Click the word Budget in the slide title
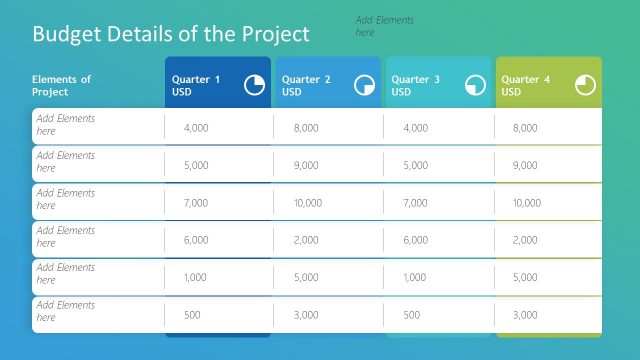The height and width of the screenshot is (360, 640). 66,34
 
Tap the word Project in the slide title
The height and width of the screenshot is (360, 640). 276,34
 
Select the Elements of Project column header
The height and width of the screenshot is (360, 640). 61,86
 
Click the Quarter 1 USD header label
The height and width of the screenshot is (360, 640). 196,86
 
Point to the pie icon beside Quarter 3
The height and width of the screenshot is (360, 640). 475,86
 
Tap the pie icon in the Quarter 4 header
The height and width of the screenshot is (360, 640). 585,86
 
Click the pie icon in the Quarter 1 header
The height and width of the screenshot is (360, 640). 255,86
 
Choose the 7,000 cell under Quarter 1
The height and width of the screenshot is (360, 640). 196,203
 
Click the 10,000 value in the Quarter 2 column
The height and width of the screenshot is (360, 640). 308,203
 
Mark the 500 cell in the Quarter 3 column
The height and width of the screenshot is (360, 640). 410,315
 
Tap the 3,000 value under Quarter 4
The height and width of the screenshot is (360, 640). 525,315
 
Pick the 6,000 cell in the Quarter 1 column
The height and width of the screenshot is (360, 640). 196,240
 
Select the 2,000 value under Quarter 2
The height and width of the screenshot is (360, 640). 306,240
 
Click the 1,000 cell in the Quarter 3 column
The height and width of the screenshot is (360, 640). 415,278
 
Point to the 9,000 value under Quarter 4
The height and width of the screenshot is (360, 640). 525,165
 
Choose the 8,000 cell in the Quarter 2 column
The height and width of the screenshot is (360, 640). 306,128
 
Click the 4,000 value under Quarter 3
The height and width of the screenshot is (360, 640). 415,128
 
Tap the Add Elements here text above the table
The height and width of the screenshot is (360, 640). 384,26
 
